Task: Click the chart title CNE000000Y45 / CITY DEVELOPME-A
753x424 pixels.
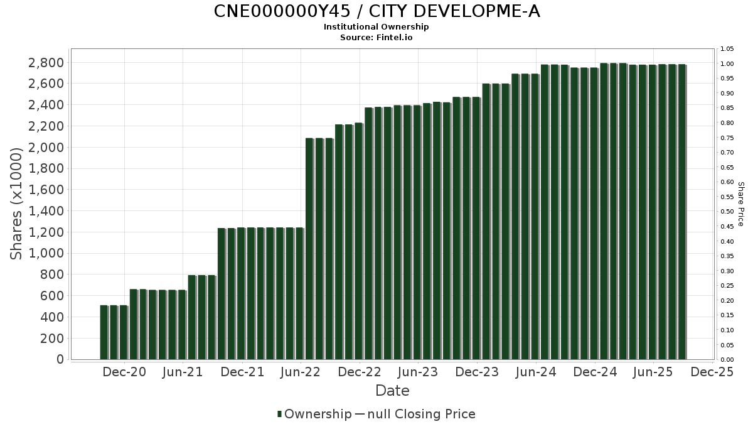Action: [x=376, y=11]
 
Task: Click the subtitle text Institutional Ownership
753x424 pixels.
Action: [x=376, y=27]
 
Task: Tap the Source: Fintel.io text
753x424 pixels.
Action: [x=376, y=38]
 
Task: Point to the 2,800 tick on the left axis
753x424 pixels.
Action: [x=46, y=63]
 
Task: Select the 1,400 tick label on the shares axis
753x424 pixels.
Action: [x=46, y=211]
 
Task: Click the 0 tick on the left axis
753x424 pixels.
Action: [x=60, y=359]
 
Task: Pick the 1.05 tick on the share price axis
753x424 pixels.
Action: [x=727, y=49]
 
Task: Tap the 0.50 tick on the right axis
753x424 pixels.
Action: [x=727, y=212]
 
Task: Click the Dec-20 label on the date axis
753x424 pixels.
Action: [x=124, y=372]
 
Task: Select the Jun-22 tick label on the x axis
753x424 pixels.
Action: [x=301, y=372]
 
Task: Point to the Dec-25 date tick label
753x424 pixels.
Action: [x=712, y=372]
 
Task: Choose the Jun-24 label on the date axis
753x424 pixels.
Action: [x=536, y=372]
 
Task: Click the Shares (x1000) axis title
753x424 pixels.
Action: [x=17, y=203]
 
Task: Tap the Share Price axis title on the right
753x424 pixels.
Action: [x=740, y=204]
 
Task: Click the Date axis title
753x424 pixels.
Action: [x=392, y=391]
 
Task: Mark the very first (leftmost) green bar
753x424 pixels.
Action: [x=104, y=333]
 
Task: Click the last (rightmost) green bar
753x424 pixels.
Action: [x=681, y=212]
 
